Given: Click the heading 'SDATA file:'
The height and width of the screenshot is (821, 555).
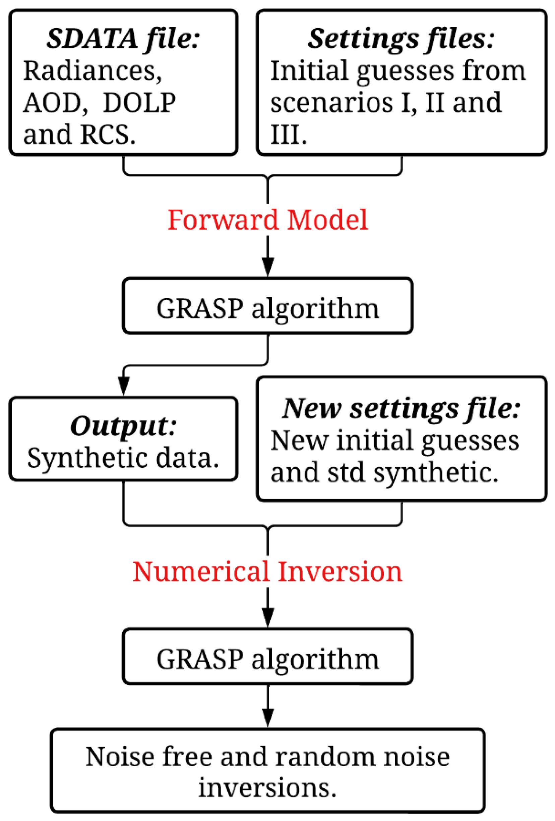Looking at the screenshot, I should click(123, 39).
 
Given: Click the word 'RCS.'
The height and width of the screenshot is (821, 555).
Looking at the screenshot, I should click(108, 135).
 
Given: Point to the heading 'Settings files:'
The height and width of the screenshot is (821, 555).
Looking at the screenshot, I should click(401, 39).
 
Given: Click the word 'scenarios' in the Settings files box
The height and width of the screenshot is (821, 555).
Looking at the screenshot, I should click(332, 103).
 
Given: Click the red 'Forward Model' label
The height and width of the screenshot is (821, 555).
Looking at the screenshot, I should click(267, 220).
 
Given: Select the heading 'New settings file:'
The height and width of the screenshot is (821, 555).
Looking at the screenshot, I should click(401, 409).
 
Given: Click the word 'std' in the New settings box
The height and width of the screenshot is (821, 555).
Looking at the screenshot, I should click(346, 473).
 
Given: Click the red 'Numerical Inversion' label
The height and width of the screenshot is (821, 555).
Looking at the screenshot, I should click(267, 572).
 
